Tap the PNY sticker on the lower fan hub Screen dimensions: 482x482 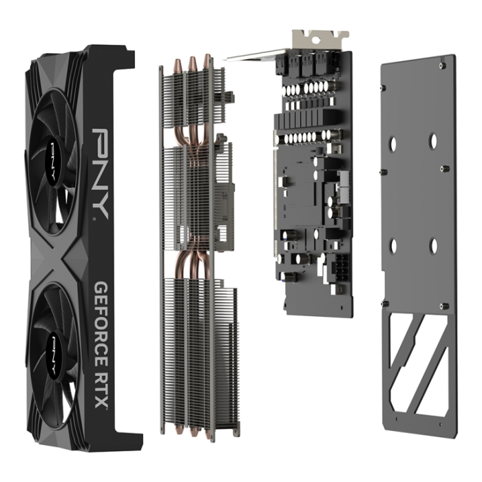pos(54,342)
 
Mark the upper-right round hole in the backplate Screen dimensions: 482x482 pos(433,140)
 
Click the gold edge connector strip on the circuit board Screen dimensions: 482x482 pos(280,207)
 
